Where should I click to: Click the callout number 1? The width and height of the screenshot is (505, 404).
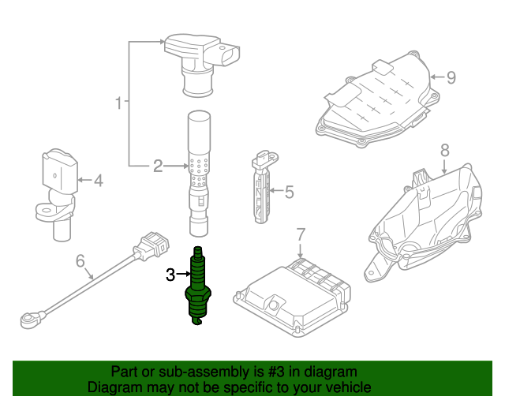tap(119, 103)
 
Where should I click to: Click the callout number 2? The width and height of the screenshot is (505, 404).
tap(158, 166)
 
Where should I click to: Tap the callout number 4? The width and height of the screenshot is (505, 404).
tap(98, 181)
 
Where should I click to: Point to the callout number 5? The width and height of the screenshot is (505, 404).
tap(289, 191)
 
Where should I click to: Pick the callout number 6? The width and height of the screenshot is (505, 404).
tap(80, 260)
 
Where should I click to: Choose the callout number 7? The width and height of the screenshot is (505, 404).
tap(301, 234)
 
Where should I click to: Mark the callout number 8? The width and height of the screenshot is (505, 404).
tap(444, 149)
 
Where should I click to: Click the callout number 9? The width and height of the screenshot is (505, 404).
tap(451, 77)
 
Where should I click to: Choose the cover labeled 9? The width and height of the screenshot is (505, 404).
tap(379, 99)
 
